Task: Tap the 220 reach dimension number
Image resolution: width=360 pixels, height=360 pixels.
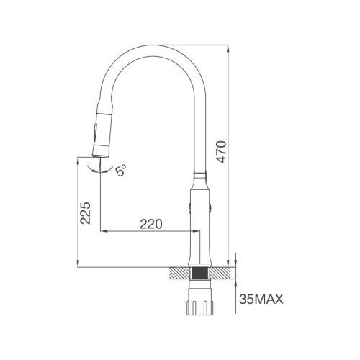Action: [x=150, y=224]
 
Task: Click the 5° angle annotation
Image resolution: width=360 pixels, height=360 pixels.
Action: [x=122, y=171]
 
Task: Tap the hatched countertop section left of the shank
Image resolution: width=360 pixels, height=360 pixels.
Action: [x=179, y=273]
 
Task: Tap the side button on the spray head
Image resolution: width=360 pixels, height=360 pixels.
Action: [x=91, y=134]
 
